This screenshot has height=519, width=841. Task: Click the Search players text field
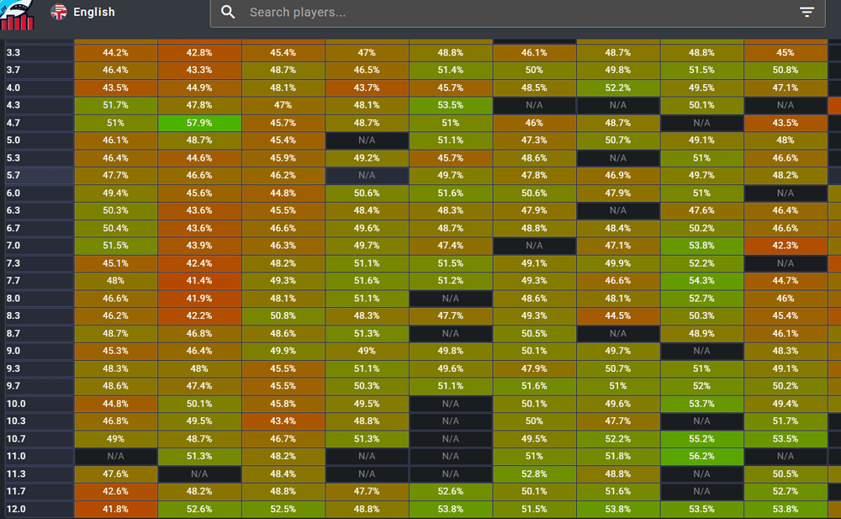coord(505,13)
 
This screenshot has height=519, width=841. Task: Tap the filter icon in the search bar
coord(807,13)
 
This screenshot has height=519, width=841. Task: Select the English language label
coord(94,13)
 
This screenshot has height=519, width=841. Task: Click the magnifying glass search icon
coord(228,13)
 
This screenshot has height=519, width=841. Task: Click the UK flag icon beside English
coord(59,12)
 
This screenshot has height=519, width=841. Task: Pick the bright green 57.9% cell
coord(199,123)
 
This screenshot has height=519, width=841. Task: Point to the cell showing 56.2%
coord(701,457)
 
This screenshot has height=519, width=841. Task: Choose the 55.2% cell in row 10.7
coord(701,439)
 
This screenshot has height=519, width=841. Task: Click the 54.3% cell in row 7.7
coord(701,281)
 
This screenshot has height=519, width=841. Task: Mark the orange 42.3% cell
coord(785,246)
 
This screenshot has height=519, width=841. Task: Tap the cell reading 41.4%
coord(199,281)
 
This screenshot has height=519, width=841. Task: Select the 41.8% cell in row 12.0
coord(115,509)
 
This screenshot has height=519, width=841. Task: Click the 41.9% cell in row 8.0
coord(199,299)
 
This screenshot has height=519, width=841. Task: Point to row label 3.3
coord(13,52)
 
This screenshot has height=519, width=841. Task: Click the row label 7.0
coord(13,246)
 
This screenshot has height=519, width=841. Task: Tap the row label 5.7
coord(13,176)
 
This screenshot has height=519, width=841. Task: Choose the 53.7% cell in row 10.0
coord(701,404)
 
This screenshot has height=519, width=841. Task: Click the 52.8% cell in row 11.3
coord(534,474)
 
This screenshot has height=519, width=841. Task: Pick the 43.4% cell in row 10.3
coord(283,421)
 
